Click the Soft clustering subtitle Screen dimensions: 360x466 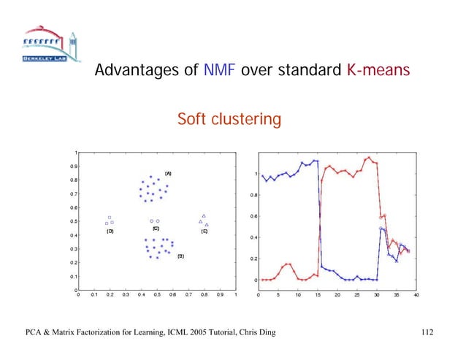coord(229,118)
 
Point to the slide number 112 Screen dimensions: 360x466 coord(427,334)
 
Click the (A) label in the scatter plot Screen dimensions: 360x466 coord(167,173)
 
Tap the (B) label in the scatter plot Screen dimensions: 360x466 coord(180,257)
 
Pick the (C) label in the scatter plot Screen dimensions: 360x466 coord(156,228)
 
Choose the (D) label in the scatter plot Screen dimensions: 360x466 coord(110,231)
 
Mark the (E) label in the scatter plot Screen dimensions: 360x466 coord(204,231)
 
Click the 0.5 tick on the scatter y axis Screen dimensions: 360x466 coord(73,221)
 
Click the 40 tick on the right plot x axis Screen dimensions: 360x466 coord(417,296)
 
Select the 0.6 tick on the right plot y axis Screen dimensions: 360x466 coord(252,216)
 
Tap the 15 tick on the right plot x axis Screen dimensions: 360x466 coord(318,296)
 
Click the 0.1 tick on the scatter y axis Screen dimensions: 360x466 coord(73,277)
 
